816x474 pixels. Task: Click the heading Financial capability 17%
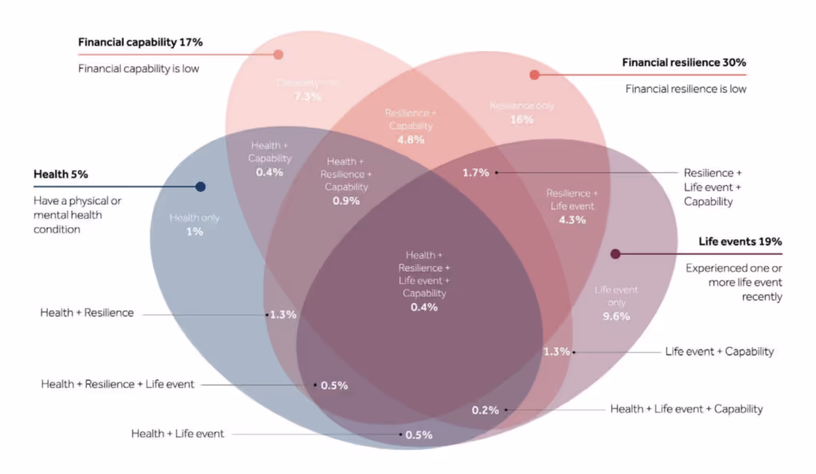pyautogui.click(x=139, y=41)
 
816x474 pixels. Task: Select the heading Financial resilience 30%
pyautogui.click(x=684, y=62)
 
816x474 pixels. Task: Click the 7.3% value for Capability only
pyautogui.click(x=308, y=96)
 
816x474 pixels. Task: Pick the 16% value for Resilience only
pyautogui.click(x=521, y=119)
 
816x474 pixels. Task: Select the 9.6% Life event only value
pyautogui.click(x=616, y=315)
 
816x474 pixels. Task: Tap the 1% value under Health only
pyautogui.click(x=194, y=232)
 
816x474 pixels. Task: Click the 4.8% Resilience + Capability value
pyautogui.click(x=410, y=139)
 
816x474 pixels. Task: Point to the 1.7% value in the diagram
pyautogui.click(x=476, y=172)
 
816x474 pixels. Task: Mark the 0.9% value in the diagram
pyautogui.click(x=347, y=201)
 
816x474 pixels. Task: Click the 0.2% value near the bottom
pyautogui.click(x=485, y=410)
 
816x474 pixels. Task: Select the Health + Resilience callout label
pyautogui.click(x=87, y=313)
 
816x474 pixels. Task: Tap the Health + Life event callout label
pyautogui.click(x=178, y=434)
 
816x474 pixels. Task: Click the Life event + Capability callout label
pyautogui.click(x=719, y=351)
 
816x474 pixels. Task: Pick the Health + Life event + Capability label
pyautogui.click(x=686, y=409)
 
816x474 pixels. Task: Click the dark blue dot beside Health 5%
pyautogui.click(x=201, y=186)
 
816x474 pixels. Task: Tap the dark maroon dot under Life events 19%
pyautogui.click(x=615, y=254)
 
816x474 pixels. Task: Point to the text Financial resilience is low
pyautogui.click(x=686, y=89)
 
